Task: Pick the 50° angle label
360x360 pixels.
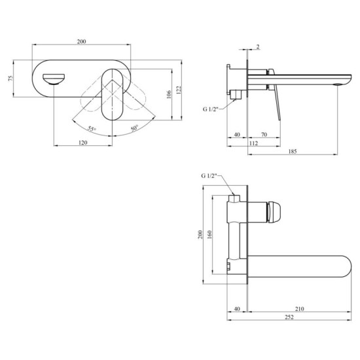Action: (134, 128)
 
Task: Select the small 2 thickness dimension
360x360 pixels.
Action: (258, 47)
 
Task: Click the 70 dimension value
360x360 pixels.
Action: (264, 135)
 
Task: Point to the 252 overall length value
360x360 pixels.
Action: (288, 318)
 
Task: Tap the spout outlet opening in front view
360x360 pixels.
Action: (53, 79)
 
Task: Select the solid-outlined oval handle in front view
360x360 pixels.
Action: (113, 97)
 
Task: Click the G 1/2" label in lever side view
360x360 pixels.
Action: (211, 109)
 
